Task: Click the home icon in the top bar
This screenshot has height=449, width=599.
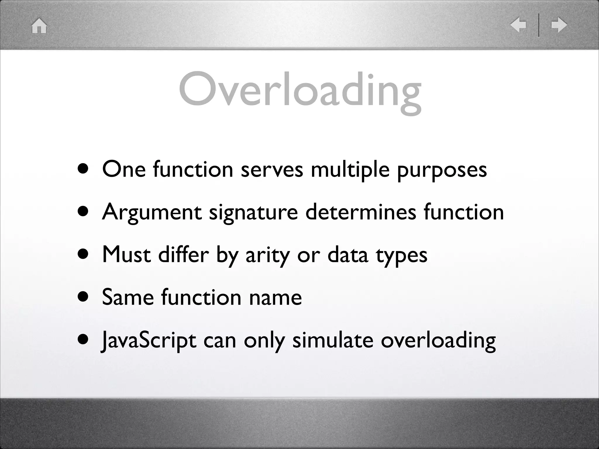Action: (39, 26)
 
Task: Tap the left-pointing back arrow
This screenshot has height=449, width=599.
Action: (518, 25)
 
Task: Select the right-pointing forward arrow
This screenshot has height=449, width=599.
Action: (559, 25)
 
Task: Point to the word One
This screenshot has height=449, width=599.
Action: (124, 170)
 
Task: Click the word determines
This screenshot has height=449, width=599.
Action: (361, 212)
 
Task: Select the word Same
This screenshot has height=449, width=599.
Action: (128, 297)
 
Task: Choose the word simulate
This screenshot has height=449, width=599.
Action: (333, 340)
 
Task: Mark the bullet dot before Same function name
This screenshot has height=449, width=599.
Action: (83, 297)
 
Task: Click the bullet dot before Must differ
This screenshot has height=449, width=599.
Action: (83, 254)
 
